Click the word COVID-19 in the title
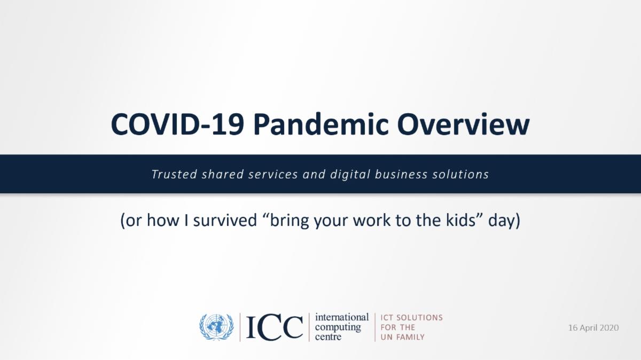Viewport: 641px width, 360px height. click(177, 124)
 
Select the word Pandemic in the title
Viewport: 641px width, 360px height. click(321, 124)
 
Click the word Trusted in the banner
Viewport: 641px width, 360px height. click(174, 174)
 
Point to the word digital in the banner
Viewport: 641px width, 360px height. click(350, 175)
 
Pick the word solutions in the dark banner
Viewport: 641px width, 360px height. click(460, 174)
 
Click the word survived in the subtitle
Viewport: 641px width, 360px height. click(225, 221)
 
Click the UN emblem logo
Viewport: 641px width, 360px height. click(216, 327)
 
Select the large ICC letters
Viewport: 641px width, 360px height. click(274, 327)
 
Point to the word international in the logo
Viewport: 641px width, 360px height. click(342, 317)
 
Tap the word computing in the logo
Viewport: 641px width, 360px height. click(338, 327)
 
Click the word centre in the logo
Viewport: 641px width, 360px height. click(328, 337)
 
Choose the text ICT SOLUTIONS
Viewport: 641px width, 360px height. click(412, 318)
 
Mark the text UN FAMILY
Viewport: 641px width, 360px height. click(403, 337)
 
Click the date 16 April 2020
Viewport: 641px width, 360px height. click(593, 327)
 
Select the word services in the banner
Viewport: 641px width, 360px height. click(273, 174)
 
